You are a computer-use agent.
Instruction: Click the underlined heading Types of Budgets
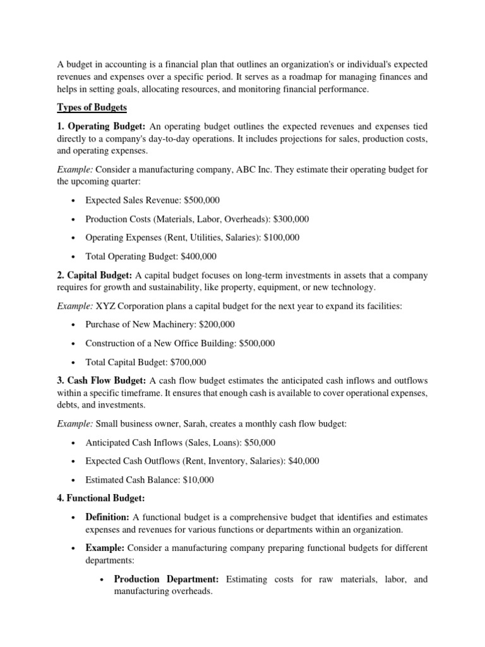[x=92, y=108]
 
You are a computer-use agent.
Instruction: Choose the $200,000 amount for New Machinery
[x=212, y=324]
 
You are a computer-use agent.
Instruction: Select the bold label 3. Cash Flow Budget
[x=102, y=380]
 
